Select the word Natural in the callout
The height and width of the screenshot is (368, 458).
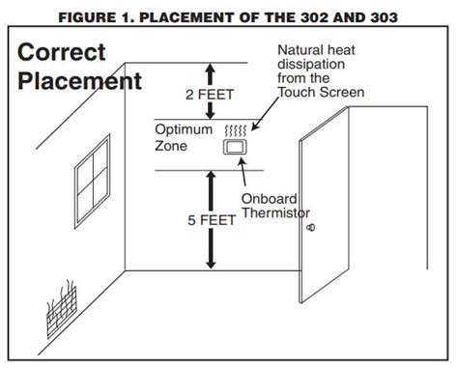tap(300, 50)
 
